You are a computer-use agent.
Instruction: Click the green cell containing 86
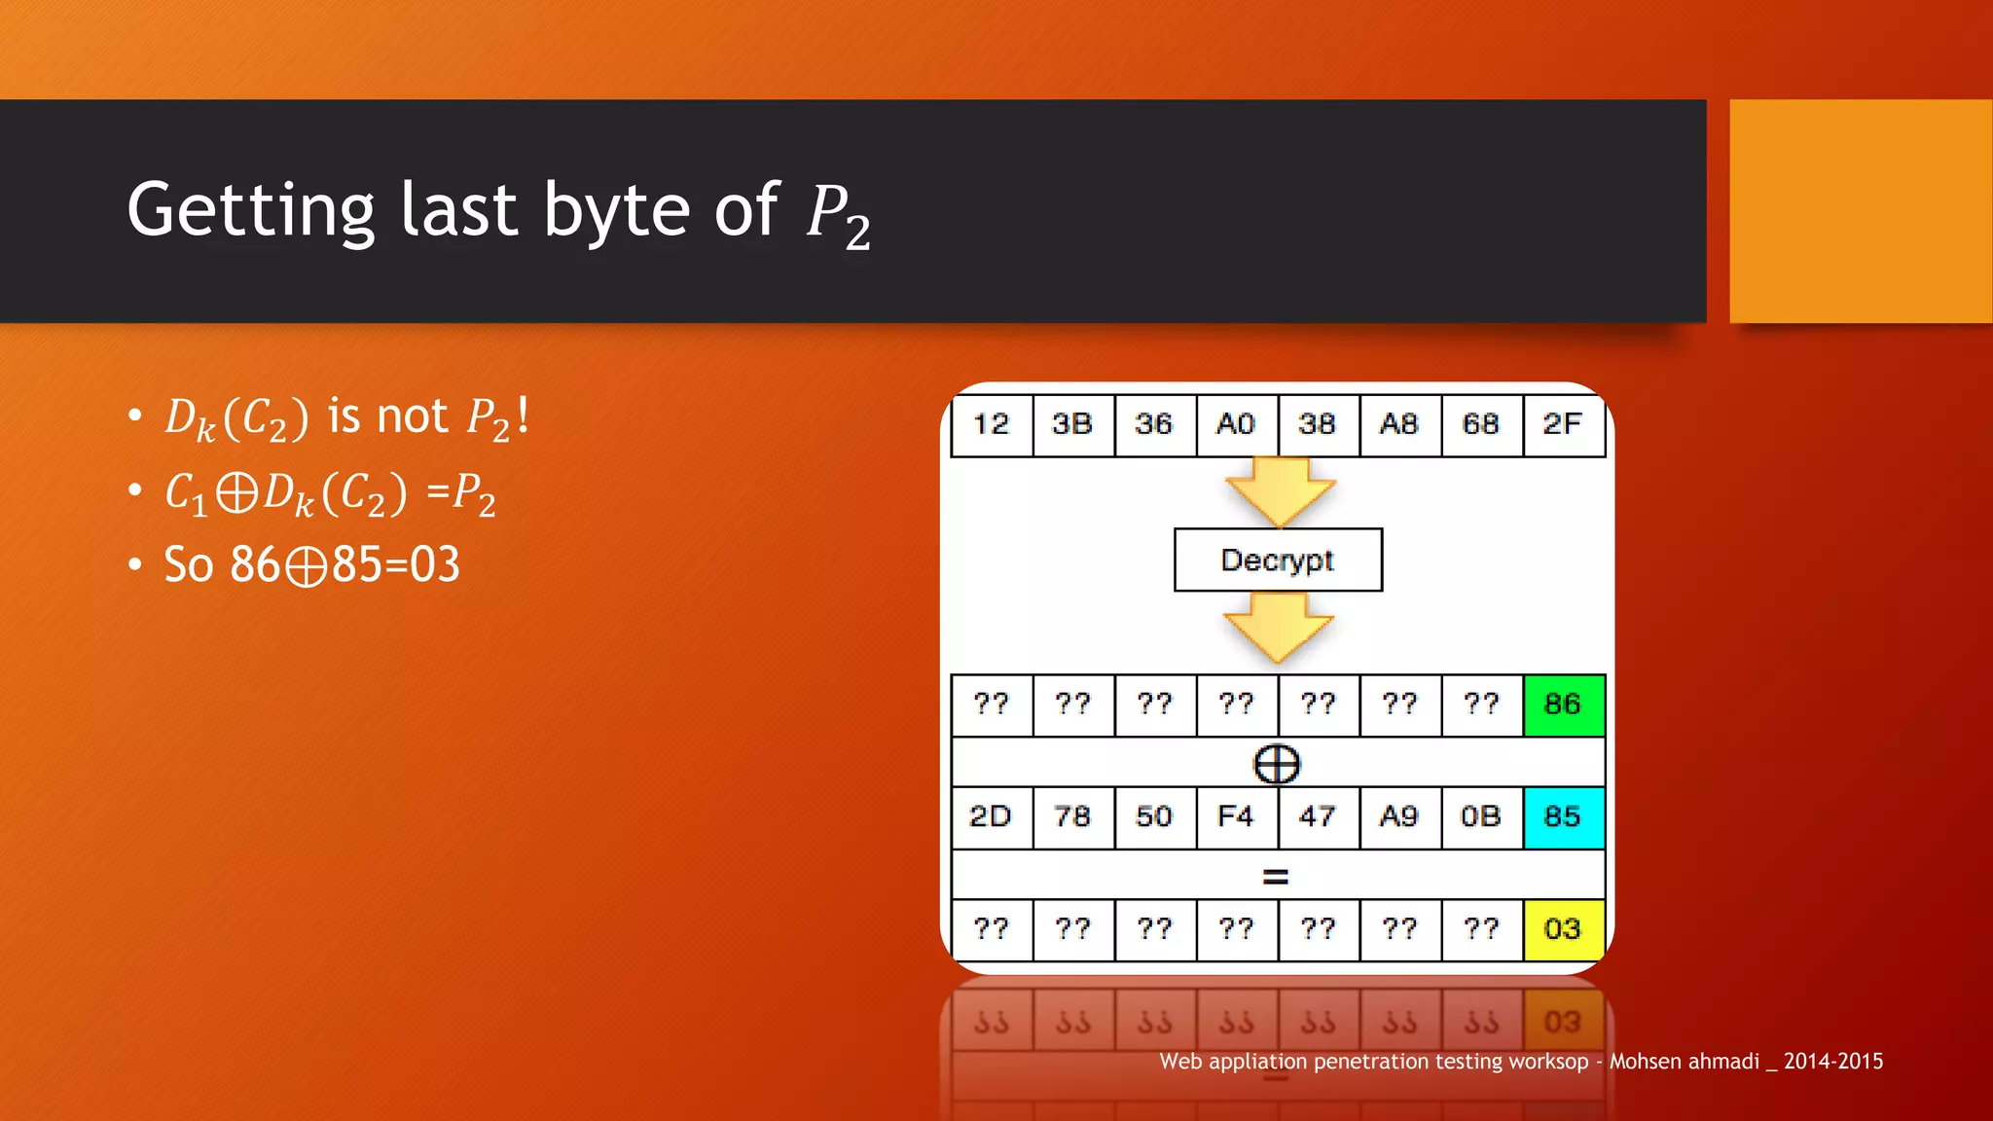pyautogui.click(x=1563, y=705)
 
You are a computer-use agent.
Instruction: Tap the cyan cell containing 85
pyautogui.click(x=1563, y=816)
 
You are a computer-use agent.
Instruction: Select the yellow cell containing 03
pyautogui.click(x=1563, y=929)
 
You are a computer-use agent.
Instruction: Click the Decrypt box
pyautogui.click(x=1278, y=560)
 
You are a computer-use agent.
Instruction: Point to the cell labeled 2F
pyautogui.click(x=1563, y=424)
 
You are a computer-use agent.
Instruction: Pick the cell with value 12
pyautogui.click(x=992, y=424)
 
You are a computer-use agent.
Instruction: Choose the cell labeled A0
pyautogui.click(x=1236, y=424)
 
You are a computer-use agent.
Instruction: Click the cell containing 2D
pyautogui.click(x=992, y=816)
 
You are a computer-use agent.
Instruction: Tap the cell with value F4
pyautogui.click(x=1236, y=816)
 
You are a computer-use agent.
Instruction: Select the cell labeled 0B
pyautogui.click(x=1481, y=816)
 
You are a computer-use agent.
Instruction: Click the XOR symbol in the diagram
pyautogui.click(x=1277, y=764)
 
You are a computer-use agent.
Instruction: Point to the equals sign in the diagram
pyautogui.click(x=1276, y=877)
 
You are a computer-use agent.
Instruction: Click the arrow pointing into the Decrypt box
pyautogui.click(x=1280, y=491)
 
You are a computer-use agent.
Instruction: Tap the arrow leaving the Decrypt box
pyautogui.click(x=1278, y=628)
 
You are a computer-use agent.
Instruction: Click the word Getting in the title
pyautogui.click(x=250, y=211)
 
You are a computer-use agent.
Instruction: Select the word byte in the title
pyautogui.click(x=616, y=211)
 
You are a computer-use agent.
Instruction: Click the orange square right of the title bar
pyautogui.click(x=1861, y=211)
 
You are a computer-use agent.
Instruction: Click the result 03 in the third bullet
pyautogui.click(x=434, y=564)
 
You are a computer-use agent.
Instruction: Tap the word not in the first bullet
pyautogui.click(x=413, y=416)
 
